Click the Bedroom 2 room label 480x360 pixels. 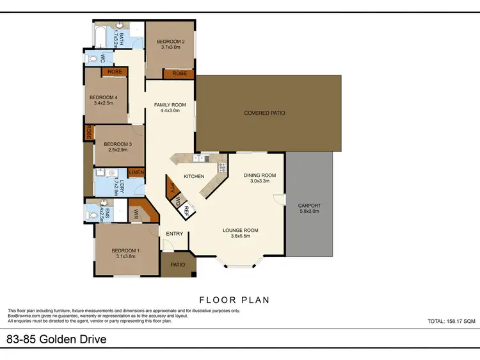(x=170, y=42)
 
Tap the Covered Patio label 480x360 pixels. (x=264, y=113)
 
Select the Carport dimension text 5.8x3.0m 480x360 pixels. (x=310, y=211)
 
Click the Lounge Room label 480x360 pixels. (x=240, y=230)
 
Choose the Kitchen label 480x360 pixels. (x=194, y=176)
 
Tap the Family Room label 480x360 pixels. (x=170, y=105)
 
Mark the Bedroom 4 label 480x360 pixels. (x=102, y=97)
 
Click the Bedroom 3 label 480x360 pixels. (x=117, y=144)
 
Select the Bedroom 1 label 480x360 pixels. (x=125, y=250)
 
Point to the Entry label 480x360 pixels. (x=175, y=234)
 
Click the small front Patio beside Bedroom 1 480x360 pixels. (x=177, y=264)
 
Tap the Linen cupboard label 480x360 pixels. (x=136, y=172)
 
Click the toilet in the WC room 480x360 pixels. (x=93, y=59)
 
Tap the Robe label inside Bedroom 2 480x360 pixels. (x=179, y=74)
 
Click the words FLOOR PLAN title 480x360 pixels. (x=234, y=299)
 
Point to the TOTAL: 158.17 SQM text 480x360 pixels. (x=451, y=321)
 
